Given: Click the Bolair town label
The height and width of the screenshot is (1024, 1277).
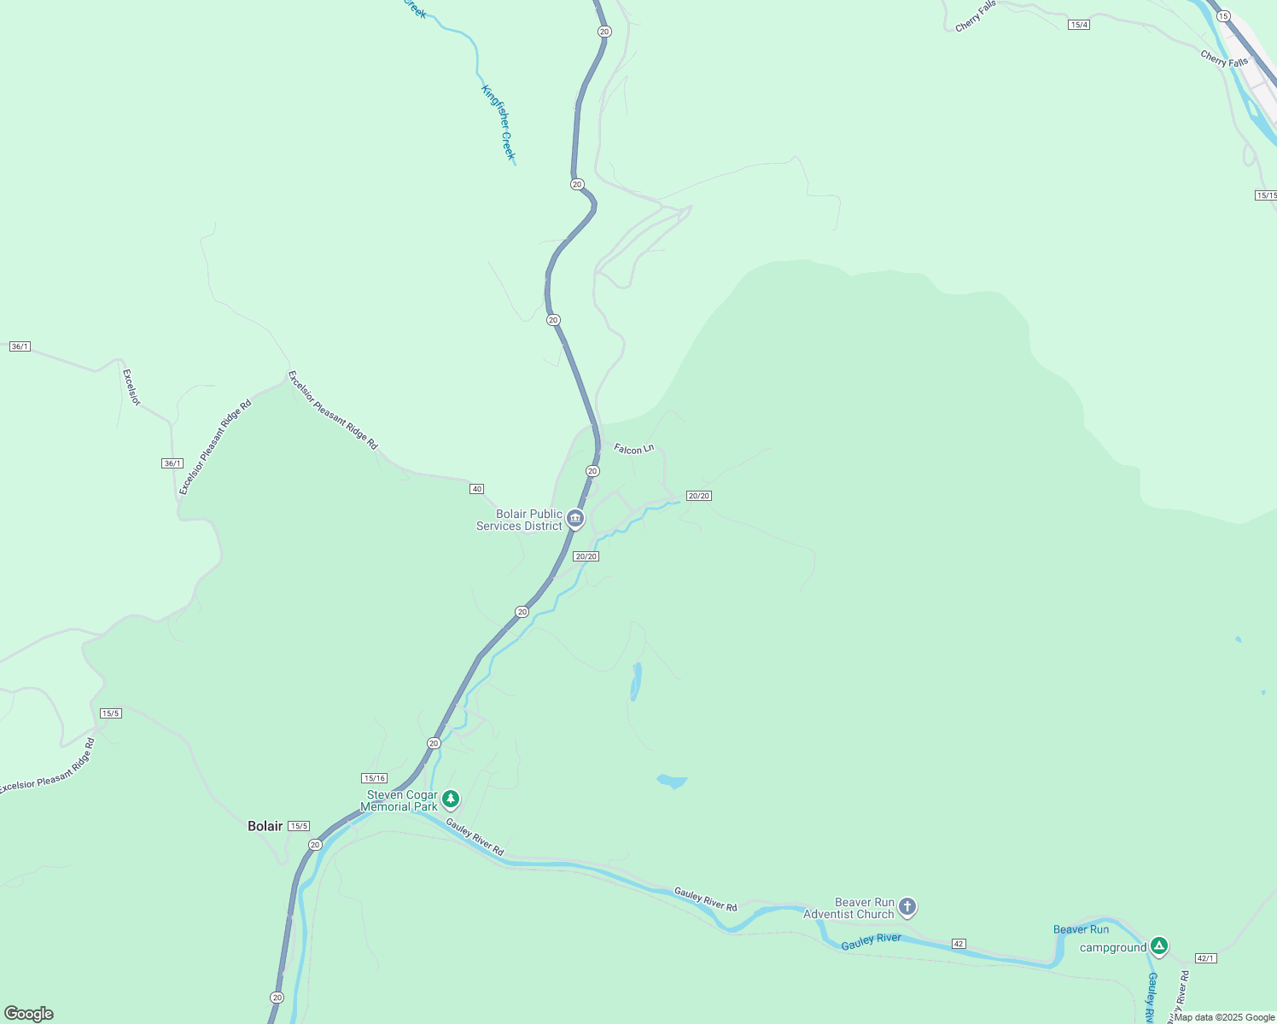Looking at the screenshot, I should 265,826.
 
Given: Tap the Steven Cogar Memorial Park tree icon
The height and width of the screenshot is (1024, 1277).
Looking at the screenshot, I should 451,800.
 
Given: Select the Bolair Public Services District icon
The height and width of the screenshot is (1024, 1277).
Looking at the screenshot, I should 575,518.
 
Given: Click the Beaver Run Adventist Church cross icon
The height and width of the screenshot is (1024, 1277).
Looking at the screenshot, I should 907,907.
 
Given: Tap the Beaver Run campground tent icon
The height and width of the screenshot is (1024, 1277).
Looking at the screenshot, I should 1158,946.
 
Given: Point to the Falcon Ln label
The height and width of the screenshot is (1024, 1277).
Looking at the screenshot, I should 633,449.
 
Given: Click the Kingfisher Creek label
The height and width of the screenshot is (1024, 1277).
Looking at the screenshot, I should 499,122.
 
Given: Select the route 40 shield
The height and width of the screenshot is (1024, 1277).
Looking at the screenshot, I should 476,489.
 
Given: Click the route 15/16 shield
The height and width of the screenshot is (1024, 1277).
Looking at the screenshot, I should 374,778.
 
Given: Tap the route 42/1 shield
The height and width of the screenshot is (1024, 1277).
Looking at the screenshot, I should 1205,958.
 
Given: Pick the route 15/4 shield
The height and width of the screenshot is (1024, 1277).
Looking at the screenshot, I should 1078,25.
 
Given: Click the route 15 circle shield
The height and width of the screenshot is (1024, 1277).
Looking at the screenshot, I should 1223,16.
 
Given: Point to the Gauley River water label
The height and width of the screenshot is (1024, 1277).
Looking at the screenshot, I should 871,941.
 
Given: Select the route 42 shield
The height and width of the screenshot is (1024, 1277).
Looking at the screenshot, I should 959,944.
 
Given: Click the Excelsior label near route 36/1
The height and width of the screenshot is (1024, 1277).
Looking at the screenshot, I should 131,387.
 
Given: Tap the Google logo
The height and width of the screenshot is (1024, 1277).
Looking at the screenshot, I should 29,1014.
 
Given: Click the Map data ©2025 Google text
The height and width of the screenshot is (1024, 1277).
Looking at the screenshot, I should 1224,1017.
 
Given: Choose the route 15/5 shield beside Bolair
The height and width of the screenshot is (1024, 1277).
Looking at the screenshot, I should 298,826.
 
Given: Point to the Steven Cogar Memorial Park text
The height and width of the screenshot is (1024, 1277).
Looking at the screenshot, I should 401,800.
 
